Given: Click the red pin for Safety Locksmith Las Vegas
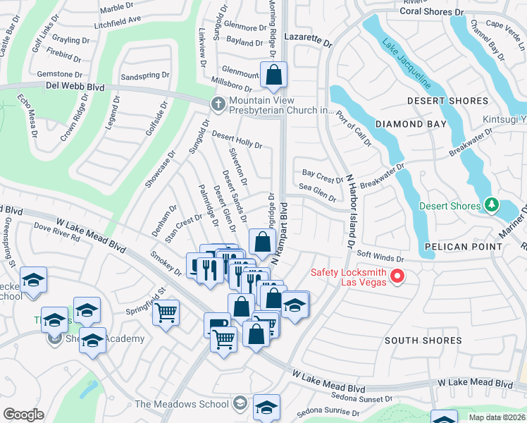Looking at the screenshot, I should tap(397, 275).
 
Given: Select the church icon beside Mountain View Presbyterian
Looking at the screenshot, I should tap(219, 104).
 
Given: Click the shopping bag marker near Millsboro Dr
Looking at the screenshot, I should tap(273, 75).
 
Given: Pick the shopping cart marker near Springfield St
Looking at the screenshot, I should tap(166, 311).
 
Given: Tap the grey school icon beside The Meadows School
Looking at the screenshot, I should tap(240, 403).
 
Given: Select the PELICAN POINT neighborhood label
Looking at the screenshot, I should tap(464, 247).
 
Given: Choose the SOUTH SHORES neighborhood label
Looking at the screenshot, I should tap(423, 341).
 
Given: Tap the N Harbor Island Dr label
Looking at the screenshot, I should tap(349, 212).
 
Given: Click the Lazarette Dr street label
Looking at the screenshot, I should tap(307, 39).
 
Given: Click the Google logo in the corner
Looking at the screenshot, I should tap(23, 415).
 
